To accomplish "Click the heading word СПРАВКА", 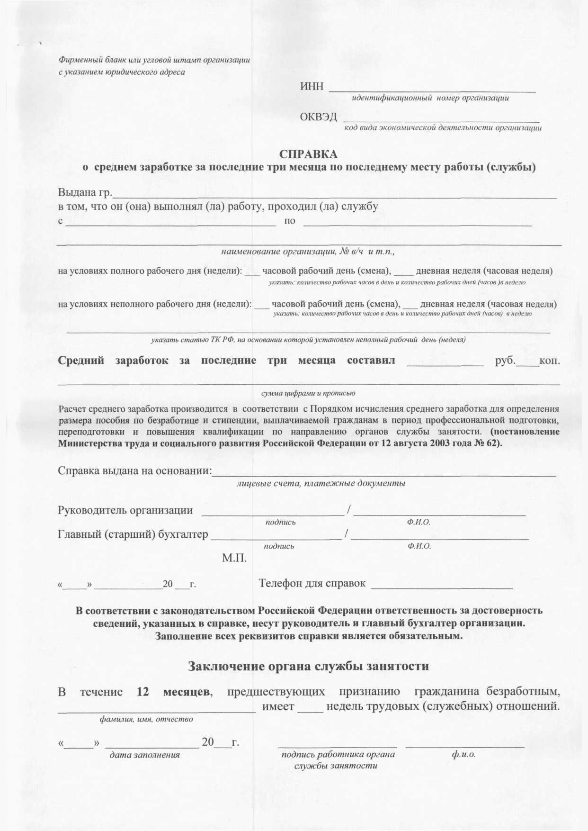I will tap(308, 154).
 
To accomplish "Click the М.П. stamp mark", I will tap(234, 559).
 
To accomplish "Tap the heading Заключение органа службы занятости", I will tap(309, 666).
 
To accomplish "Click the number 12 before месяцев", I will tap(143, 692).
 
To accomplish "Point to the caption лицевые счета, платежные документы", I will tap(321, 484).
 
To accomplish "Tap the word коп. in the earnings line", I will tap(550, 361).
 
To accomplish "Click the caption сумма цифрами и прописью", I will tap(308, 393).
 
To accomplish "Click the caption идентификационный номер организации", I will tap(430, 99).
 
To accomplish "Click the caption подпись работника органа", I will tap(338, 755).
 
